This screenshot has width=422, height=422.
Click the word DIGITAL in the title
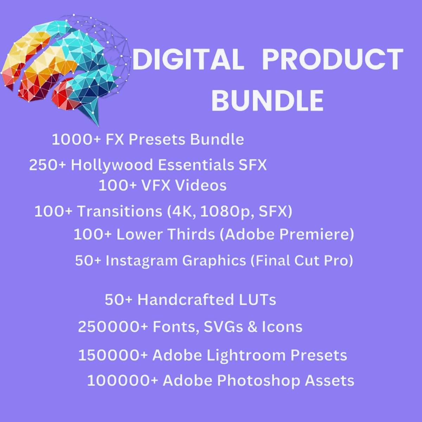pos(188,59)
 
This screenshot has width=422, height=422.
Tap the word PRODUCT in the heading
pos(333,59)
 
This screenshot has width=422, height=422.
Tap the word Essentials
pos(196,165)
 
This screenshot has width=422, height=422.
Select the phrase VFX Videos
pos(184,185)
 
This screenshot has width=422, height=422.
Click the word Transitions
pos(120,212)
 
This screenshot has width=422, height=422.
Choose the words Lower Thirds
pos(166,234)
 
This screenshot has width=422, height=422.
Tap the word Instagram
pos(141,261)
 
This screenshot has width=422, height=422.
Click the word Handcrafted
pos(185,300)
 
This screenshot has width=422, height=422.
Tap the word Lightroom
pos(246,355)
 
